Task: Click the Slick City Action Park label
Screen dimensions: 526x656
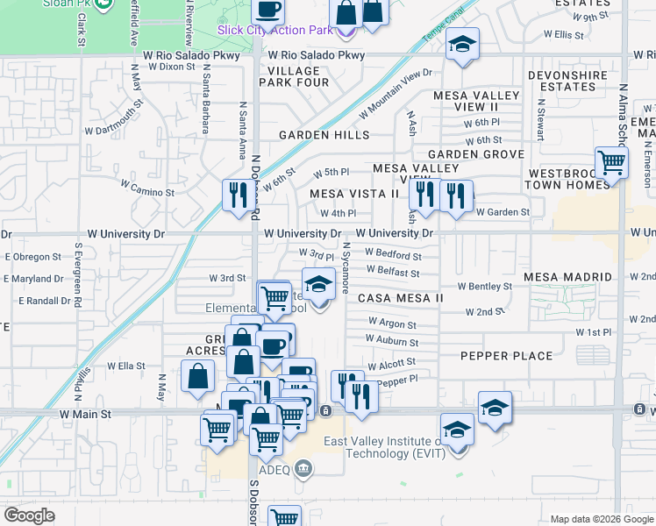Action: point(275,30)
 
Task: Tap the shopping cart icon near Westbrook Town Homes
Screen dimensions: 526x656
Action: point(611,161)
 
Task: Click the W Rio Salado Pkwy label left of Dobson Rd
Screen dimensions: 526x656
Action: point(180,54)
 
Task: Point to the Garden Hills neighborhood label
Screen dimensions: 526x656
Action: point(324,135)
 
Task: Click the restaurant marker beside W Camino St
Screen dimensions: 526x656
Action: point(237,195)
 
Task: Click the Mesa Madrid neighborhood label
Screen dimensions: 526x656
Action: point(567,277)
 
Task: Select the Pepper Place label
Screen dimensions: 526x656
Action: point(507,356)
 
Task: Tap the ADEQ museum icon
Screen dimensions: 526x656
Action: point(303,469)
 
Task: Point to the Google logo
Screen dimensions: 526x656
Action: point(29,515)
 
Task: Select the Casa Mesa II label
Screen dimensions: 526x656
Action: point(401,298)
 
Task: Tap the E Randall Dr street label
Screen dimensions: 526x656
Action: point(38,301)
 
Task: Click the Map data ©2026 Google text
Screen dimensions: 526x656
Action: point(602,519)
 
